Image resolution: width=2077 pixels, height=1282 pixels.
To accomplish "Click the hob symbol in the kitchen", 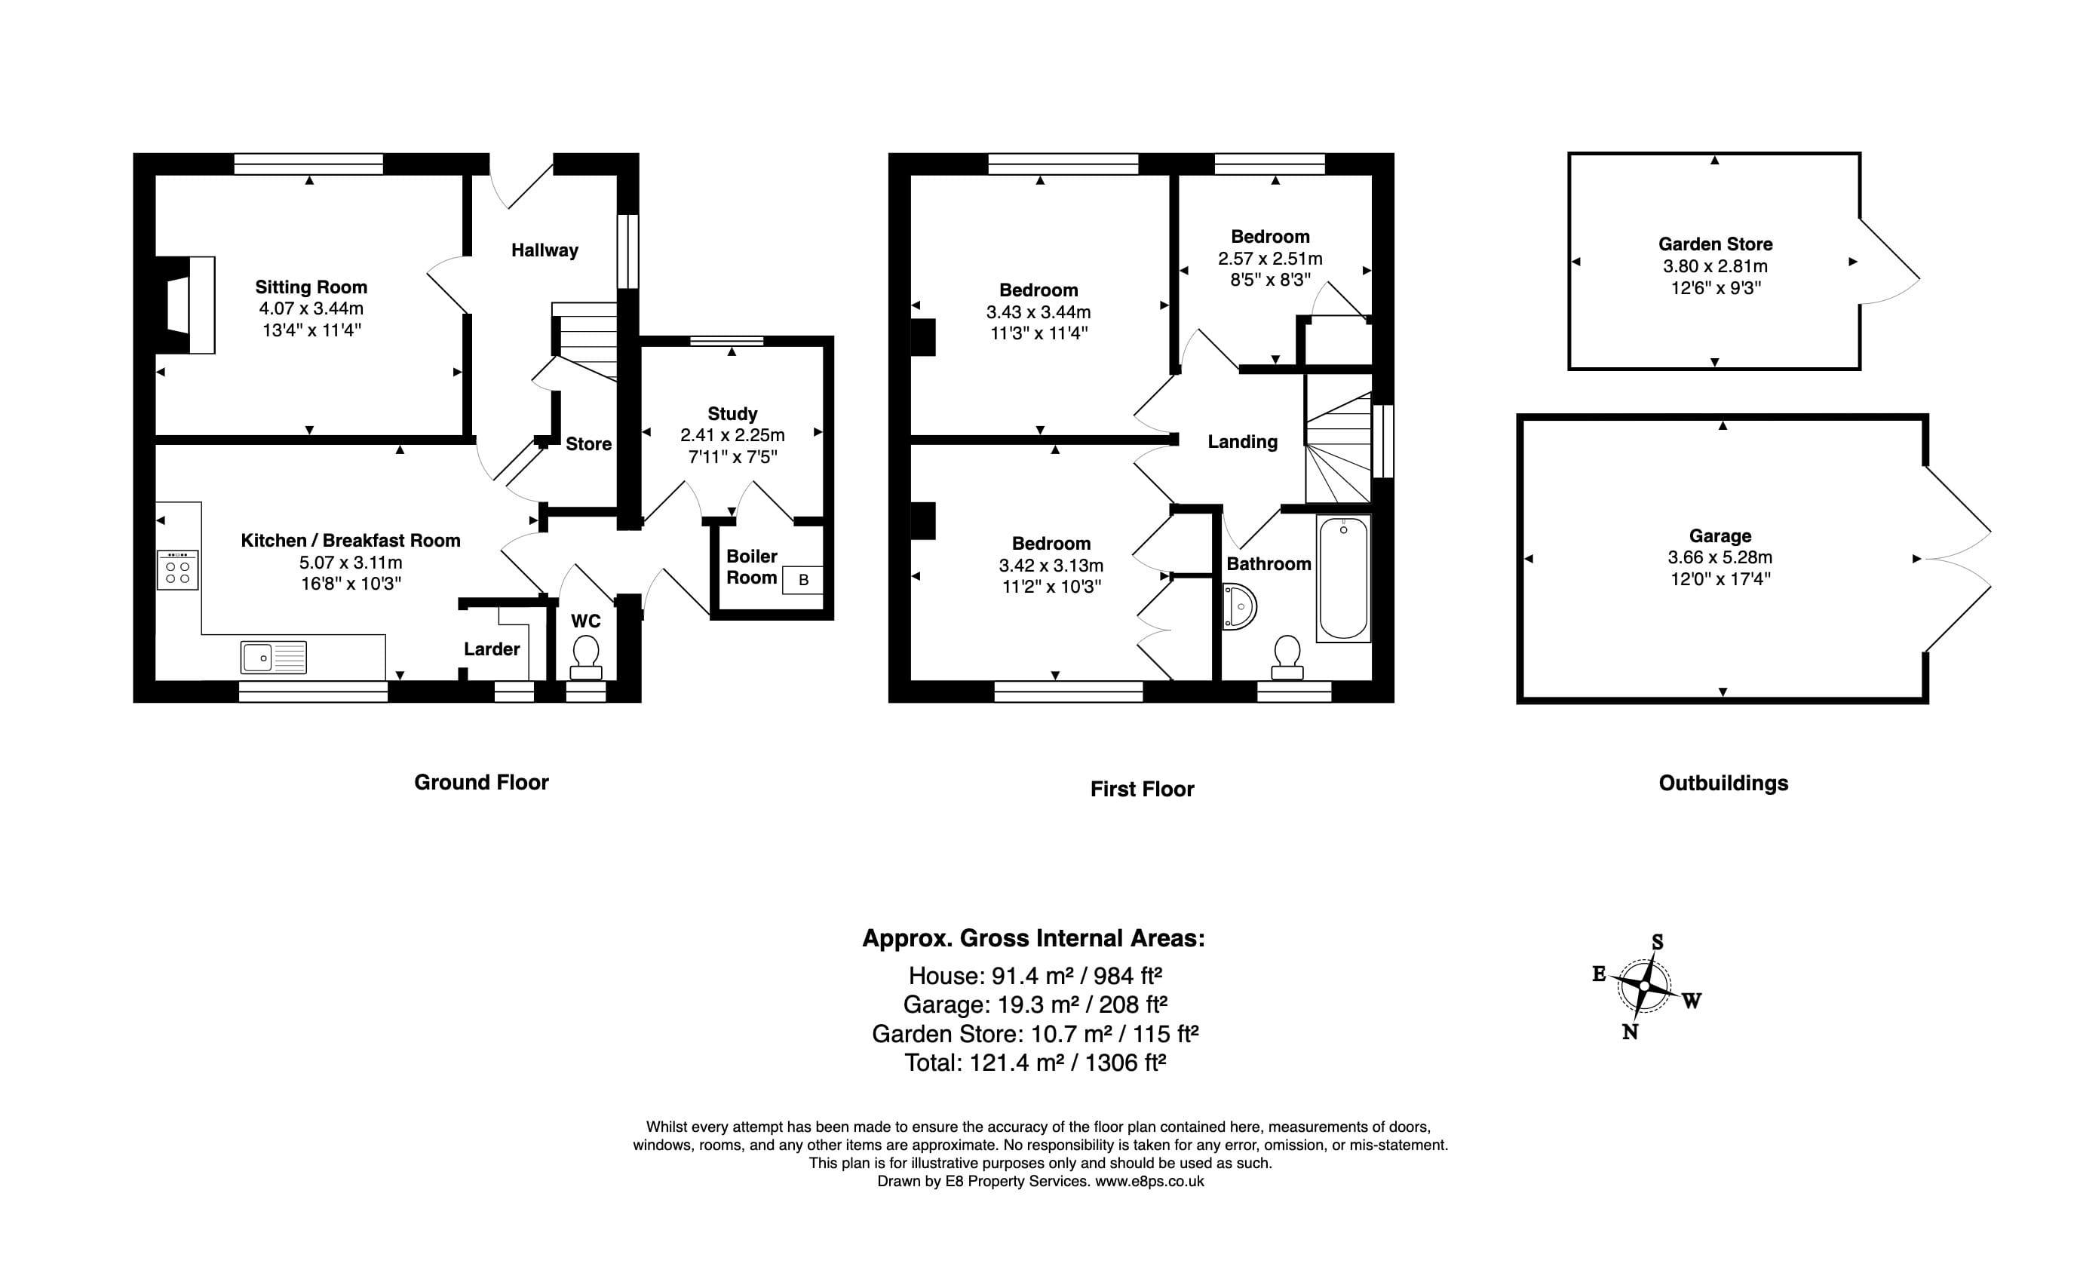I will point(178,570).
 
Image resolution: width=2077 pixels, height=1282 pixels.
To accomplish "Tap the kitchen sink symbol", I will point(273,658).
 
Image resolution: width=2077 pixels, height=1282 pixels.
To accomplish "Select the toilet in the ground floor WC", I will point(586,658).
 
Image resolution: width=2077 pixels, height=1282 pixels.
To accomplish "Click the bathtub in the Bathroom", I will point(1343,579).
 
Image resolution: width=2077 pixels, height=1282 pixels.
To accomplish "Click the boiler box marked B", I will point(803,580).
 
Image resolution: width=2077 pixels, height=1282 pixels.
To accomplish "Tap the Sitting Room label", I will point(311,287).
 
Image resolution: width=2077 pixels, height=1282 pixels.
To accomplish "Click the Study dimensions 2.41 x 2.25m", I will point(732,435).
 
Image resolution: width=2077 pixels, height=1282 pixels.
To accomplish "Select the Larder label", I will point(492,649).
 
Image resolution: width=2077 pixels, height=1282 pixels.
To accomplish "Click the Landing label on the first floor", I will point(1242,442).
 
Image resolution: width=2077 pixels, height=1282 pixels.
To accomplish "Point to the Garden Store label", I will point(1715,244).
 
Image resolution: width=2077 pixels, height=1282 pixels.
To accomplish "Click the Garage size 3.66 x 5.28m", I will point(1720,557).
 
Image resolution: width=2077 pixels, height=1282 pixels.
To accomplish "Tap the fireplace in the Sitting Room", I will point(186,305).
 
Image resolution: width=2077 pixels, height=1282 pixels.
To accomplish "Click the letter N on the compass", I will point(1629,1032).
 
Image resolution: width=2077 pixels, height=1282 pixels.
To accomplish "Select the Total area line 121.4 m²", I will point(1035,1063).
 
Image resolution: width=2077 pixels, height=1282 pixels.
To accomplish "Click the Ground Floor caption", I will point(480,783).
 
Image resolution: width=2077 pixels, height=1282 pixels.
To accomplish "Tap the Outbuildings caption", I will point(1723,784).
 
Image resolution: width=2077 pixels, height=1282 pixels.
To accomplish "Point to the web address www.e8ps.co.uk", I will point(1149,1181).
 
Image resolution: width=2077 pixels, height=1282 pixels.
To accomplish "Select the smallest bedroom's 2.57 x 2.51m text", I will point(1270,259).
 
